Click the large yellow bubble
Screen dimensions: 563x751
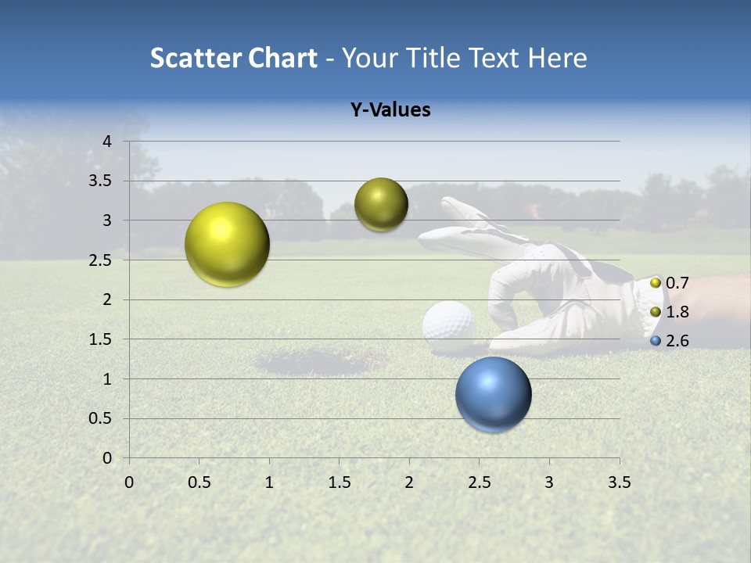point(227,244)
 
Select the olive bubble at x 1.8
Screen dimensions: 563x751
point(381,204)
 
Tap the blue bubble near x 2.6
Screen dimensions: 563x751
point(493,394)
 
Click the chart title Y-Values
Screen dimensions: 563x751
point(390,110)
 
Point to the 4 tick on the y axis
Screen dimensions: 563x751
point(108,142)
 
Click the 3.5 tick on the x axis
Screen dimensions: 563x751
point(619,482)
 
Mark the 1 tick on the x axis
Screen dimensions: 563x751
point(269,482)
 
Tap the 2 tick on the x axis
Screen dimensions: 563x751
point(409,482)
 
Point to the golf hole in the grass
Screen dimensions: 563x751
point(321,361)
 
